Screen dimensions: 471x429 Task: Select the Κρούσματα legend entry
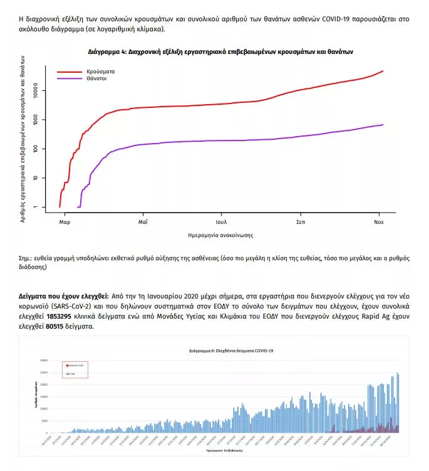100,71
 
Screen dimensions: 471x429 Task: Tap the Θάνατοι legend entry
98,80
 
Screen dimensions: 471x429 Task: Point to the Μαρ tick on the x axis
65,222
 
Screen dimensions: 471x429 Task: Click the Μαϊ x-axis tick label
143,222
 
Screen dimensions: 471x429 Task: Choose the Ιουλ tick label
221,222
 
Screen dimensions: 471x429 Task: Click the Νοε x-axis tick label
379,222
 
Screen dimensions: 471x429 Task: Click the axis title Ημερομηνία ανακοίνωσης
220,235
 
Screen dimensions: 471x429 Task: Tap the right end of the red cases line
383,71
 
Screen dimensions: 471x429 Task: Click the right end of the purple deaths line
383,125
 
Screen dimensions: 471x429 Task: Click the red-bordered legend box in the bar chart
75,369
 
